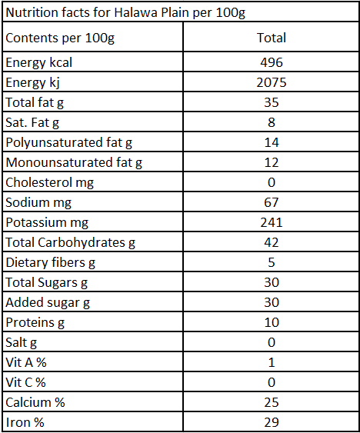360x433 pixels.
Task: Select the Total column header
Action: [272, 38]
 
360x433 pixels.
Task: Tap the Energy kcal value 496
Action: [272, 62]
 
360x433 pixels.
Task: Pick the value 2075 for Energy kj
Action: [272, 82]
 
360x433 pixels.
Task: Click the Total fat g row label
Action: [35, 103]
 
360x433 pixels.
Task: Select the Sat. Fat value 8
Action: [272, 122]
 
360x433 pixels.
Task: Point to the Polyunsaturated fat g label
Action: [68, 143]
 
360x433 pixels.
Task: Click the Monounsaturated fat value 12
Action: [272, 162]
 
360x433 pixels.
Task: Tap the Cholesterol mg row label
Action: [50, 182]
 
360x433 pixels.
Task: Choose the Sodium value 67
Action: [272, 202]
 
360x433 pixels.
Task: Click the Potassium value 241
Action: [272, 222]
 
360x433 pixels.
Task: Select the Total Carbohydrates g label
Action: [70, 243]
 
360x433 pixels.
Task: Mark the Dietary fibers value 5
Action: [272, 262]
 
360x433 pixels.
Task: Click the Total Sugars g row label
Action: [46, 283]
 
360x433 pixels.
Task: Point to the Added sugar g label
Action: [48, 303]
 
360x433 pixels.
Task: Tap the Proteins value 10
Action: [272, 322]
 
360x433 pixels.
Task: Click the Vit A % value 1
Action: [272, 362]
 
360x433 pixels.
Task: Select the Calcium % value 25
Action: [272, 402]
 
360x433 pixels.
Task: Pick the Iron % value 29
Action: [272, 422]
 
